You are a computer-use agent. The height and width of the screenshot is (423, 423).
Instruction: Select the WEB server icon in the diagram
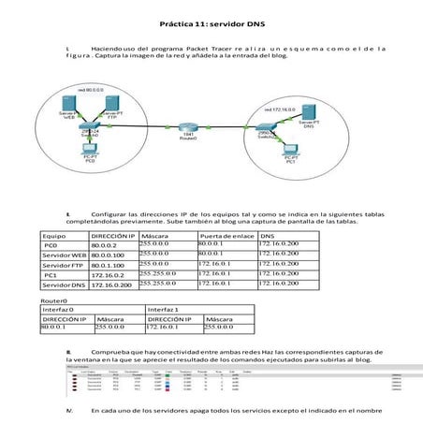pos(68,103)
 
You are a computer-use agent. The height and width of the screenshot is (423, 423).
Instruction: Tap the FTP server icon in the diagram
pos(111,103)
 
